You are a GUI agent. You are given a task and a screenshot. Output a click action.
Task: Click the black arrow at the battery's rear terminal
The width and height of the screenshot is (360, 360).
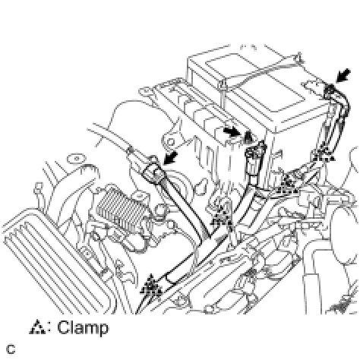(343, 75)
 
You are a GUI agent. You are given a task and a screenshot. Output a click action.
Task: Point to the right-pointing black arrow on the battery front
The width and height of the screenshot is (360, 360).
(232, 131)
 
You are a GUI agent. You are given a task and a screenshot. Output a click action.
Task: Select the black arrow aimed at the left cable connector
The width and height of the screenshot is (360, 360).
(171, 158)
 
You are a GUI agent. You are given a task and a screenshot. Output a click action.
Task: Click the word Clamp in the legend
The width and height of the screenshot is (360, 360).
(83, 327)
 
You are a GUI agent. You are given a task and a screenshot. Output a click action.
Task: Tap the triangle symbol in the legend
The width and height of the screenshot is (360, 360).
(37, 327)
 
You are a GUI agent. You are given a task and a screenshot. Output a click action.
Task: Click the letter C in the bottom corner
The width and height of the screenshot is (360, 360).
(11, 349)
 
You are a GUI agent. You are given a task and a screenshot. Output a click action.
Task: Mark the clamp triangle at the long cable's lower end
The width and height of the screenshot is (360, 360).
(151, 286)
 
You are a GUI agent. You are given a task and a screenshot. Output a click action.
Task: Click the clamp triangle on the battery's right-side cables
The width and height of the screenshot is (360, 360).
(325, 155)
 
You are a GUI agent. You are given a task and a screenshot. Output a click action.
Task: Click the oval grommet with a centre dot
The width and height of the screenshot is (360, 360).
(77, 159)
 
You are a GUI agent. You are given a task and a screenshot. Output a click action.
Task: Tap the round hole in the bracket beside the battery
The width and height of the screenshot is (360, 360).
(171, 142)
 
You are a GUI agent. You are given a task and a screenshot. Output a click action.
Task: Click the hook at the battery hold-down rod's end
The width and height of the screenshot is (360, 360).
(299, 57)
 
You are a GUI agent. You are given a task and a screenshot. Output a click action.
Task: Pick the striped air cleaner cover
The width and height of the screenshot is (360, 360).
(51, 261)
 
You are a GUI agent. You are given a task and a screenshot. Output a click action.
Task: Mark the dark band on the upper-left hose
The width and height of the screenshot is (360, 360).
(131, 150)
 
